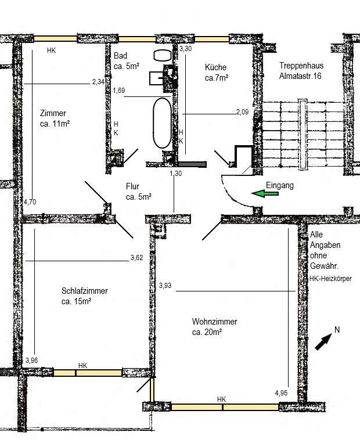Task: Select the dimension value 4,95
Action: (x=282, y=393)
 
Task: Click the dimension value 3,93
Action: (x=165, y=284)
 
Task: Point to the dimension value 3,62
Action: (x=137, y=257)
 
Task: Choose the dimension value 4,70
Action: (x=30, y=201)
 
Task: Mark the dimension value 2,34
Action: (x=99, y=82)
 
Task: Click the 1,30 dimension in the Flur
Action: (x=175, y=173)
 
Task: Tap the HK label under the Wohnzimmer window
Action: (x=221, y=399)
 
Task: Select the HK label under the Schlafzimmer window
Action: (x=82, y=365)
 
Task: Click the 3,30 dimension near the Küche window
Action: (x=186, y=49)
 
